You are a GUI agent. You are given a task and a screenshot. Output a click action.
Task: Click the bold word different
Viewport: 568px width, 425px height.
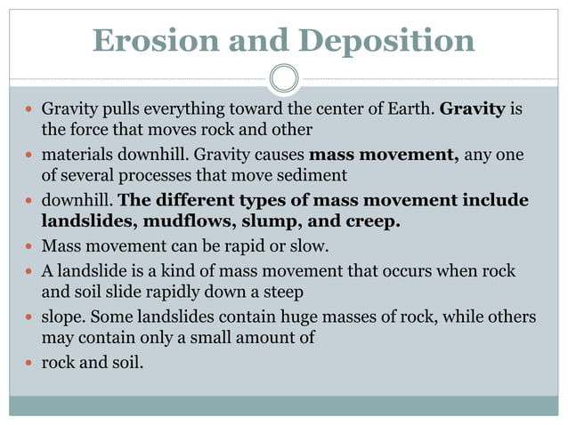(x=194, y=199)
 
